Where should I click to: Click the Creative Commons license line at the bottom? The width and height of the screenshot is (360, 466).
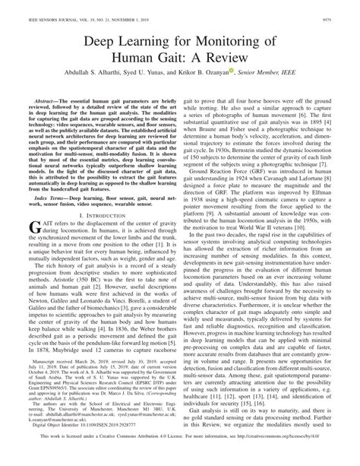coord(180,457)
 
